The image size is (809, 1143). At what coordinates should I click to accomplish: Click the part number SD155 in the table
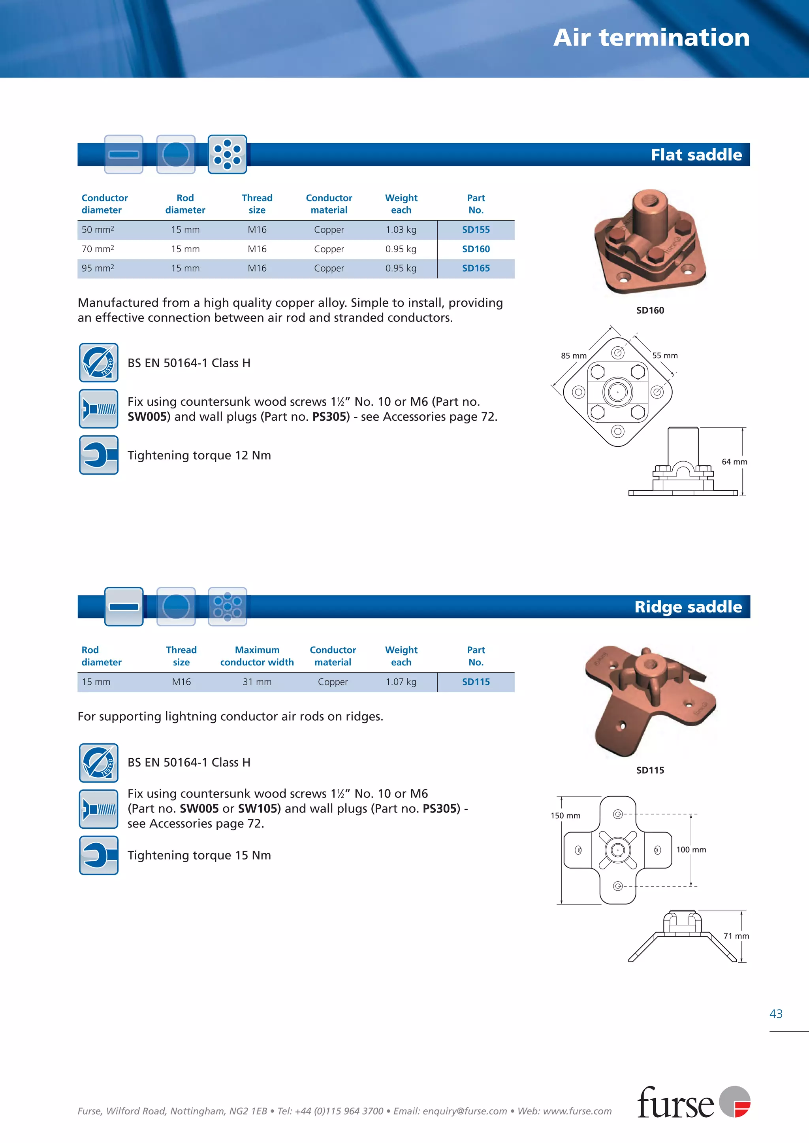pos(475,230)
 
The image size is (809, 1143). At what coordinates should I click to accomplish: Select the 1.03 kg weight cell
pos(401,230)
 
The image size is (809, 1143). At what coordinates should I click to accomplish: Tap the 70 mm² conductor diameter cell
pos(98,249)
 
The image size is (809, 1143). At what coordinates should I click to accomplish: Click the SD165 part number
pos(475,268)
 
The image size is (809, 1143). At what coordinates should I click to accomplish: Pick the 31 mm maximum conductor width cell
pos(257,682)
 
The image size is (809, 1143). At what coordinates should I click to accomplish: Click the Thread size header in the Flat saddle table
pos(257,204)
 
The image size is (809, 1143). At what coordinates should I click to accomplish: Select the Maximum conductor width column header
pos(257,656)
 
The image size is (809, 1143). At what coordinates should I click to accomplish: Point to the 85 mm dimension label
pos(574,356)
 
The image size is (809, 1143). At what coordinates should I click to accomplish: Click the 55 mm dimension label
pos(664,356)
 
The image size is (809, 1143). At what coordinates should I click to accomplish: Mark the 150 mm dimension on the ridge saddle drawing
pos(565,816)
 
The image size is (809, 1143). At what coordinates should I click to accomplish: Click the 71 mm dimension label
pos(736,936)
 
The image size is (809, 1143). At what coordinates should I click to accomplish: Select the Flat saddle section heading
pos(696,155)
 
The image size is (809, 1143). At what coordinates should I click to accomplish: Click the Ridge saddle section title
pos(688,607)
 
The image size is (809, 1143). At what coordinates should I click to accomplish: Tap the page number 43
pos(776,1014)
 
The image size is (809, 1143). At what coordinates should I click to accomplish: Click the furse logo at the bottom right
pos(693,1102)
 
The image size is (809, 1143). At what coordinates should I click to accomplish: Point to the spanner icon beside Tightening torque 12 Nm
pos(99,455)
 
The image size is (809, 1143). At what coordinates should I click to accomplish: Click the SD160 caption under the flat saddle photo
pos(649,310)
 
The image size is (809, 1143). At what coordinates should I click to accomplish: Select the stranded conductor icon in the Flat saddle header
pos(227,155)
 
